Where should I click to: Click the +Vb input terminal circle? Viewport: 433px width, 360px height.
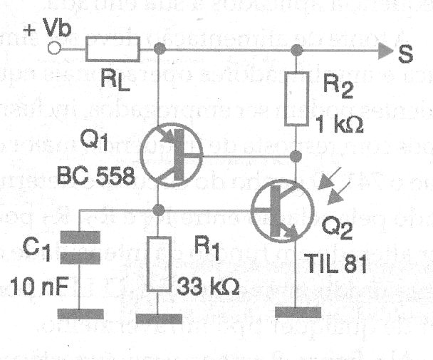click(54, 49)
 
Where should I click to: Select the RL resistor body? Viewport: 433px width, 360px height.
click(112, 49)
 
